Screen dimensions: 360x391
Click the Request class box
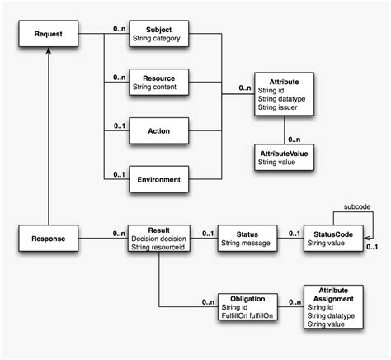pos(49,34)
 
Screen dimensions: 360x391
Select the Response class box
pos(49,240)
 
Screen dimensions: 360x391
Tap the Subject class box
pos(160,34)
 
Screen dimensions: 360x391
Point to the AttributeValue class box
pos(285,158)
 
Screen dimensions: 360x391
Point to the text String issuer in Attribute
pos(279,107)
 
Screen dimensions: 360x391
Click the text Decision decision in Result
pos(158,239)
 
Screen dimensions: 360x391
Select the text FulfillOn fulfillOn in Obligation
pos(247,314)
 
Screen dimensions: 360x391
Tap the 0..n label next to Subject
pos(120,29)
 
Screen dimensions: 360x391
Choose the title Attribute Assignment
pos(328,295)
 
